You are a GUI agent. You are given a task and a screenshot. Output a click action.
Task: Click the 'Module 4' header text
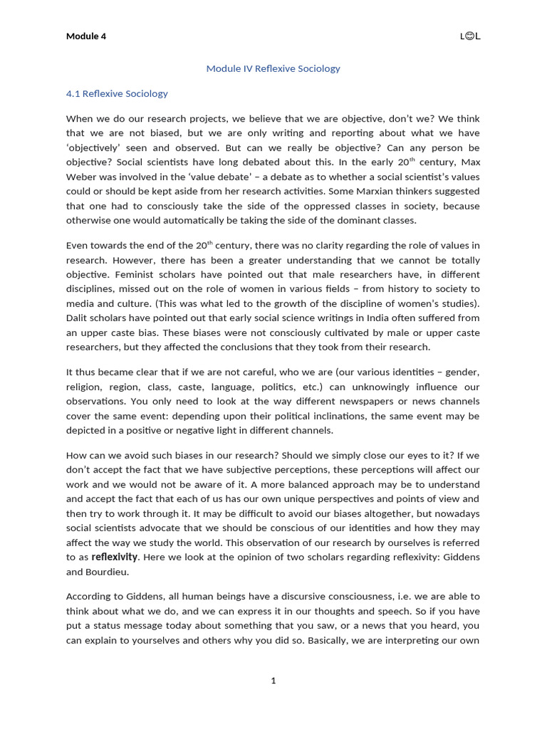(x=86, y=36)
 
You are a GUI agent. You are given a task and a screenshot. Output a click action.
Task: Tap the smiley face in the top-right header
(x=469, y=36)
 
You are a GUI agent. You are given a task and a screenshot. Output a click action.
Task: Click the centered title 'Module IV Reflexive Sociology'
(x=273, y=69)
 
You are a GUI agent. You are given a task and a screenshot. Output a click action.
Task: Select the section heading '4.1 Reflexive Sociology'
(x=117, y=93)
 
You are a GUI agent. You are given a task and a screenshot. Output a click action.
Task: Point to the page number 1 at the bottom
(x=273, y=681)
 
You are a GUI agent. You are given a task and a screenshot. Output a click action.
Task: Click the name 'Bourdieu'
(x=113, y=572)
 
